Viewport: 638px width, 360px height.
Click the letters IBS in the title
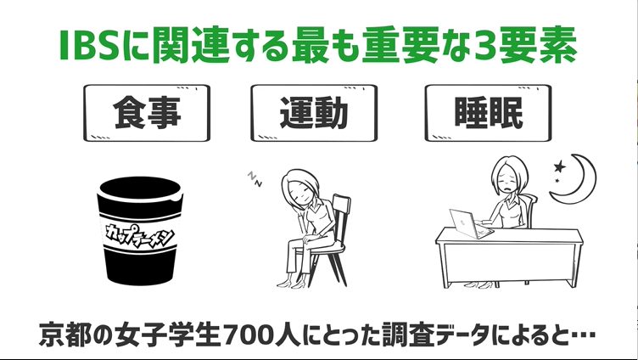pos(88,45)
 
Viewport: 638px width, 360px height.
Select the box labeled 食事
pos(147,113)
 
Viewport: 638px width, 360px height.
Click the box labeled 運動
pos(314,113)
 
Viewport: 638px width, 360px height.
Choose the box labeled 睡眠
pos(488,113)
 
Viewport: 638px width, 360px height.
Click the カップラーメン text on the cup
pos(140,236)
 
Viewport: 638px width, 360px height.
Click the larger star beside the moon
pos(560,166)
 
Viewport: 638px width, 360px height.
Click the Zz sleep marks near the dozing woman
pos(255,179)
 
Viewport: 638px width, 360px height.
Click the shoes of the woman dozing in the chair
pos(289,282)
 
